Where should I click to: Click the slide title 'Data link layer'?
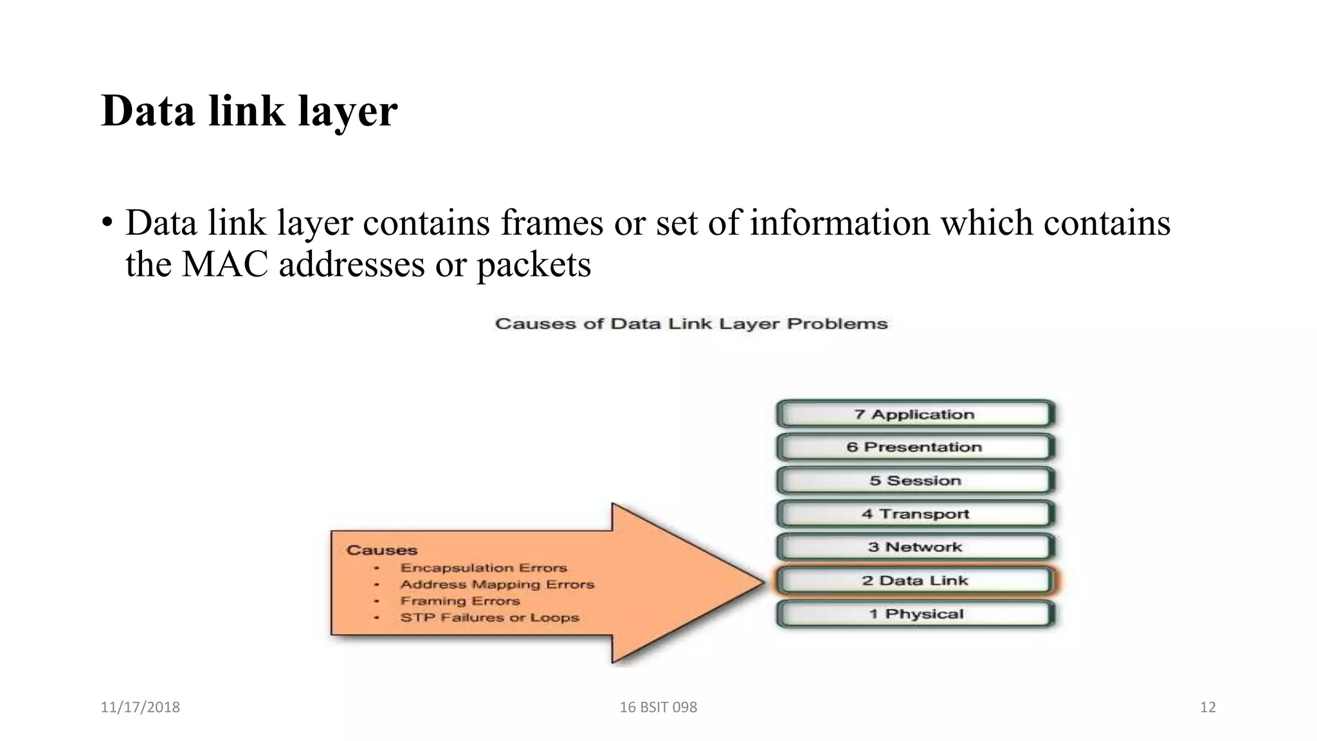click(x=250, y=111)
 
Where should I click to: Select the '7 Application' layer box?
click(x=915, y=415)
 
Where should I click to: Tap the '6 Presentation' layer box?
click(x=915, y=448)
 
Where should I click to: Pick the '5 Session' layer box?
click(x=915, y=481)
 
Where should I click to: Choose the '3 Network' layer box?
click(x=915, y=547)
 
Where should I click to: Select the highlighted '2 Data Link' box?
click(x=915, y=581)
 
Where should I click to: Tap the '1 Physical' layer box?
click(x=915, y=614)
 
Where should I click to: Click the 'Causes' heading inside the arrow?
click(x=382, y=551)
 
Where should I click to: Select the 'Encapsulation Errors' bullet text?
click(x=484, y=568)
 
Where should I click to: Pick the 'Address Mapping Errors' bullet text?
click(x=497, y=585)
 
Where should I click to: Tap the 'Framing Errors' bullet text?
click(x=460, y=601)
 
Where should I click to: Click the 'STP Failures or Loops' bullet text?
click(x=489, y=617)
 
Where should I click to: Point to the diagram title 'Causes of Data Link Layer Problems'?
click(x=691, y=324)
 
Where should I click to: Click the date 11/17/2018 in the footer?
click(x=140, y=708)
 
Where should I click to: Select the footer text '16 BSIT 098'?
click(x=658, y=708)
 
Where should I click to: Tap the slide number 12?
click(x=1208, y=708)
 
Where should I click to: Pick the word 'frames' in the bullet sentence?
click(x=552, y=223)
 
